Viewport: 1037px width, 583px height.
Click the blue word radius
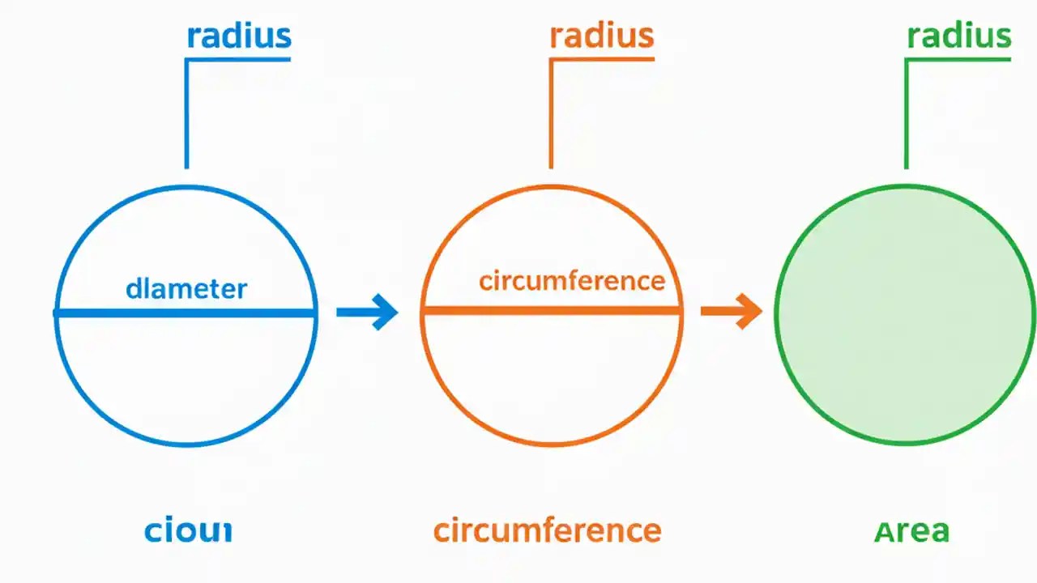pos(238,36)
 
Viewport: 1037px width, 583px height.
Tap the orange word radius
pos(601,36)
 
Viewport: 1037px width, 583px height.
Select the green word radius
pos(959,36)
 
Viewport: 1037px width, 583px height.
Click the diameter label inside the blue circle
pos(186,288)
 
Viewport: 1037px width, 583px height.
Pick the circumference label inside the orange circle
pos(571,281)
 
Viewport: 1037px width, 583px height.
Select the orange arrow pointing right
pos(730,311)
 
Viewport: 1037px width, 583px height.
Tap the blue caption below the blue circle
pos(188,531)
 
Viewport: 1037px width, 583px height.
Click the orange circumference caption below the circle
pos(547,531)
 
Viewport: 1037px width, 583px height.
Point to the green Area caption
pos(911,531)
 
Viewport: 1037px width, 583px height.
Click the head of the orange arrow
pos(751,311)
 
